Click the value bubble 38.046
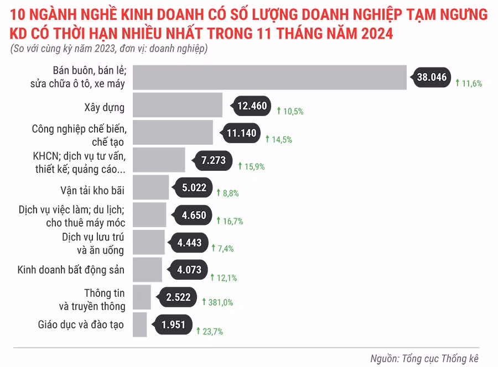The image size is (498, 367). [x=432, y=78]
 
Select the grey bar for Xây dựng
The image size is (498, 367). [x=178, y=105]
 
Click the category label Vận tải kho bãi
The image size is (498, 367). [x=92, y=190]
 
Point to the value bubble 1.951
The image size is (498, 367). [x=173, y=325]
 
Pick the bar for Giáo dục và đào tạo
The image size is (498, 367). [x=140, y=324]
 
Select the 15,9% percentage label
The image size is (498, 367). [x=253, y=166]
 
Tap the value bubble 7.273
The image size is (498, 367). [x=212, y=161]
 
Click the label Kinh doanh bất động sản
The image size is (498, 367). [x=71, y=270]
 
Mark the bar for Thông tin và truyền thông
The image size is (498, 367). [x=142, y=297]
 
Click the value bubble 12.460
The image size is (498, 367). [x=252, y=106]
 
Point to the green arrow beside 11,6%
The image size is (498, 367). [x=458, y=83]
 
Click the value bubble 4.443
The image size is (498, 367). [x=193, y=243]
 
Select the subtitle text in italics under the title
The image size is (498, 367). [x=109, y=49]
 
